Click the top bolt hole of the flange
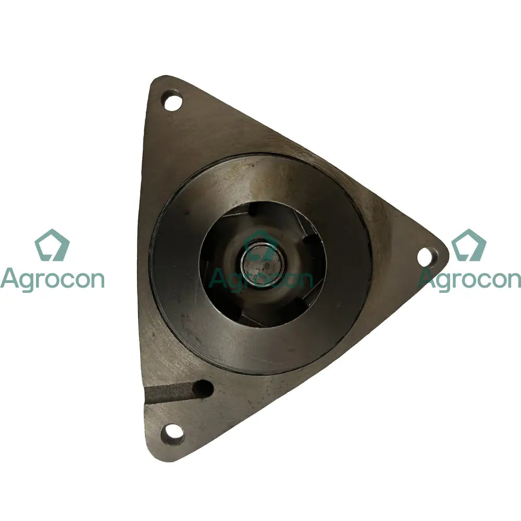(x=172, y=101)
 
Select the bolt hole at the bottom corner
(x=172, y=432)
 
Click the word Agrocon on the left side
(x=52, y=280)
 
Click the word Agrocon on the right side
(x=469, y=280)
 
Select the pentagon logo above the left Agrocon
(x=52, y=245)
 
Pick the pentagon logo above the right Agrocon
(x=469, y=245)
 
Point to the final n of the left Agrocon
(x=96, y=280)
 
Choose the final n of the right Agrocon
(x=513, y=280)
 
